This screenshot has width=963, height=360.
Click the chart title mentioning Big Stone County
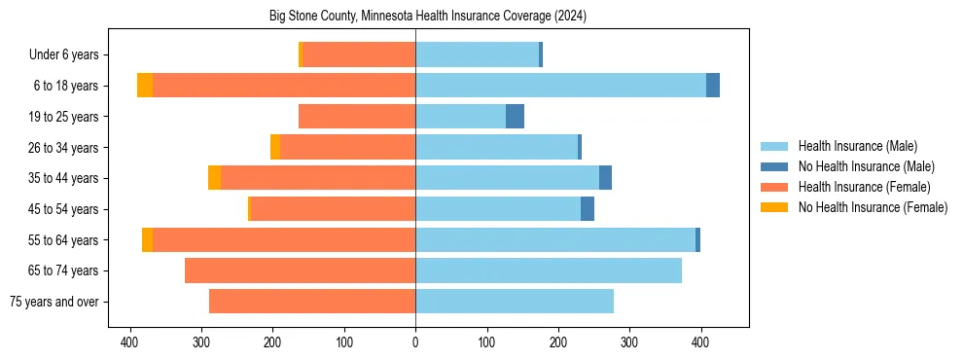tap(427, 17)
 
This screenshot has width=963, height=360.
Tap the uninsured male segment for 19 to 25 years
tap(516, 117)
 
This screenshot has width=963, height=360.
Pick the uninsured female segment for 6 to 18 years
tap(145, 86)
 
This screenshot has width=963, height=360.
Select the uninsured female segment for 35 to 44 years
tap(214, 178)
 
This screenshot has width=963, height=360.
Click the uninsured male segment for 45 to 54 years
tap(588, 209)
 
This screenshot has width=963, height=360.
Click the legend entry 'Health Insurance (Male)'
tap(857, 146)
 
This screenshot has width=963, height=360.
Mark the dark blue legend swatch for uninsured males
tap(775, 166)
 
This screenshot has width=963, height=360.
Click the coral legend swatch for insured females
tap(775, 187)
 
